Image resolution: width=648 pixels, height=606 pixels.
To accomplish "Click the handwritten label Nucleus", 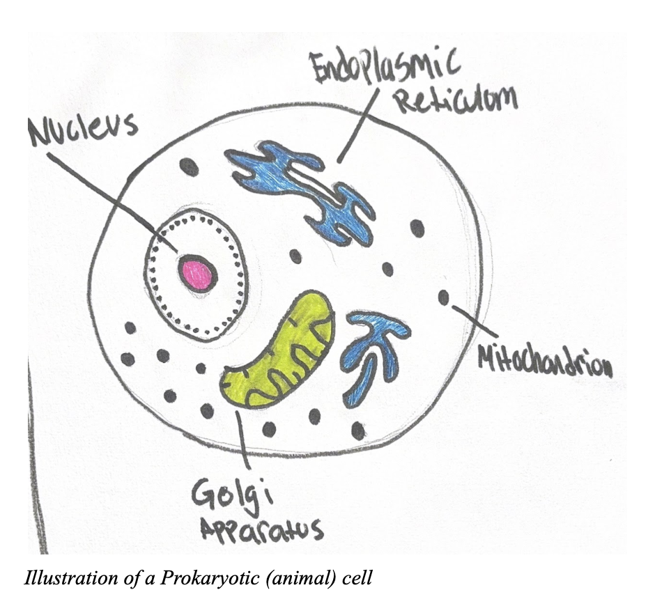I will click(82, 130).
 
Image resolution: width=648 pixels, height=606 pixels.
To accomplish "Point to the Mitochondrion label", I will click(545, 360).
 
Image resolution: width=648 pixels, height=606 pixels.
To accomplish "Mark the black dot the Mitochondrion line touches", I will click(443, 297).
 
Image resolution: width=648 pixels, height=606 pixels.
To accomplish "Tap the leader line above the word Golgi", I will click(242, 439).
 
